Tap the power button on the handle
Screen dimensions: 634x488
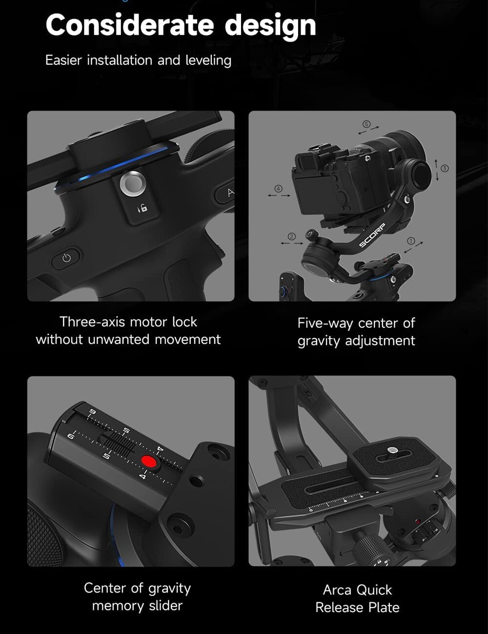click(x=67, y=258)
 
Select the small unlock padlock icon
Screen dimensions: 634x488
click(x=142, y=208)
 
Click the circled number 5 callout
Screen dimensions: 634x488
click(x=366, y=124)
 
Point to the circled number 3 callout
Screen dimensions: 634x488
click(x=444, y=168)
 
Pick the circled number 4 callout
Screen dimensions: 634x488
click(x=279, y=188)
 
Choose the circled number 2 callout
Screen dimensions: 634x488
click(x=292, y=237)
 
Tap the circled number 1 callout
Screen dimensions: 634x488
click(x=410, y=240)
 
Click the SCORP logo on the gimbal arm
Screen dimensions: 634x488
click(x=372, y=236)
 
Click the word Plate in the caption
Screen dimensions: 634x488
click(x=381, y=608)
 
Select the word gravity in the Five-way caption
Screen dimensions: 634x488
click(x=319, y=341)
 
